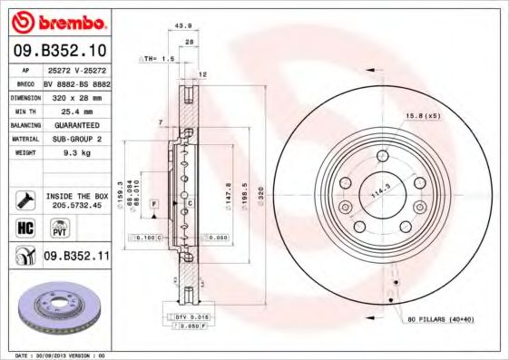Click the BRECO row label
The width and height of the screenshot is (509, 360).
point(26,82)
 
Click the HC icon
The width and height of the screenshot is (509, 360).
point(24,228)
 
